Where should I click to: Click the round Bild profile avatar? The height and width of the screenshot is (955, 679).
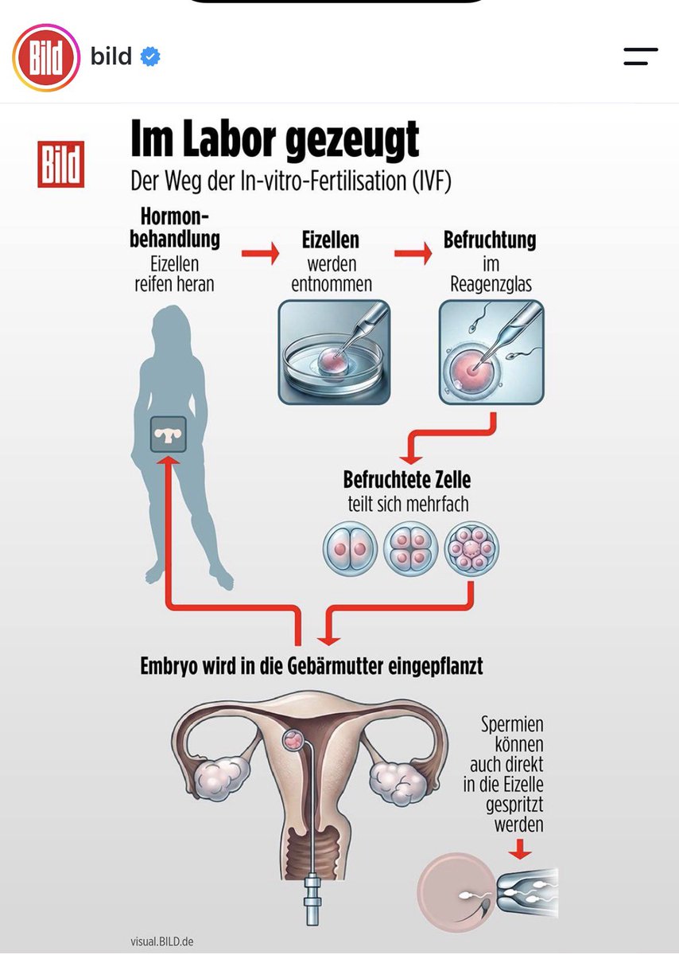point(46,57)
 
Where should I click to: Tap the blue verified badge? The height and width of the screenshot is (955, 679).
point(150,57)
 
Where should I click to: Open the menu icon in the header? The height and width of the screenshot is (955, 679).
point(641,57)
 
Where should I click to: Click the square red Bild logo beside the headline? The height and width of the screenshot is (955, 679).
point(61,164)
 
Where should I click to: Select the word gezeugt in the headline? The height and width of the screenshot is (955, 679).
point(352,139)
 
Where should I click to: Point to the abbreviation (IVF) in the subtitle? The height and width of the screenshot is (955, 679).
point(432,181)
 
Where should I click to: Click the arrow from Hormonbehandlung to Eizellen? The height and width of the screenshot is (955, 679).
point(260,253)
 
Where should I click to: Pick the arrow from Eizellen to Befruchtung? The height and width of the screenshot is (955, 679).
point(413,253)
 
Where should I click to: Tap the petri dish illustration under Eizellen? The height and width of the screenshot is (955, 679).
point(335,352)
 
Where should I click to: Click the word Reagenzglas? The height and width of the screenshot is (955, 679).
point(491,284)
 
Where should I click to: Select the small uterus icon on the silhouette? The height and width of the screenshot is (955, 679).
point(169,435)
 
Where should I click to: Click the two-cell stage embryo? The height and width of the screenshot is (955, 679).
point(350,548)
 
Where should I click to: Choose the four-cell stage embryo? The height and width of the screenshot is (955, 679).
point(410,548)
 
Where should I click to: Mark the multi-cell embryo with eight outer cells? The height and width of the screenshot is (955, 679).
point(471,548)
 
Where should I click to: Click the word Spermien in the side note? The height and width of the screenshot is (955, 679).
point(512,724)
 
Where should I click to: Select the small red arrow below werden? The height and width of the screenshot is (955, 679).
point(520,849)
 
